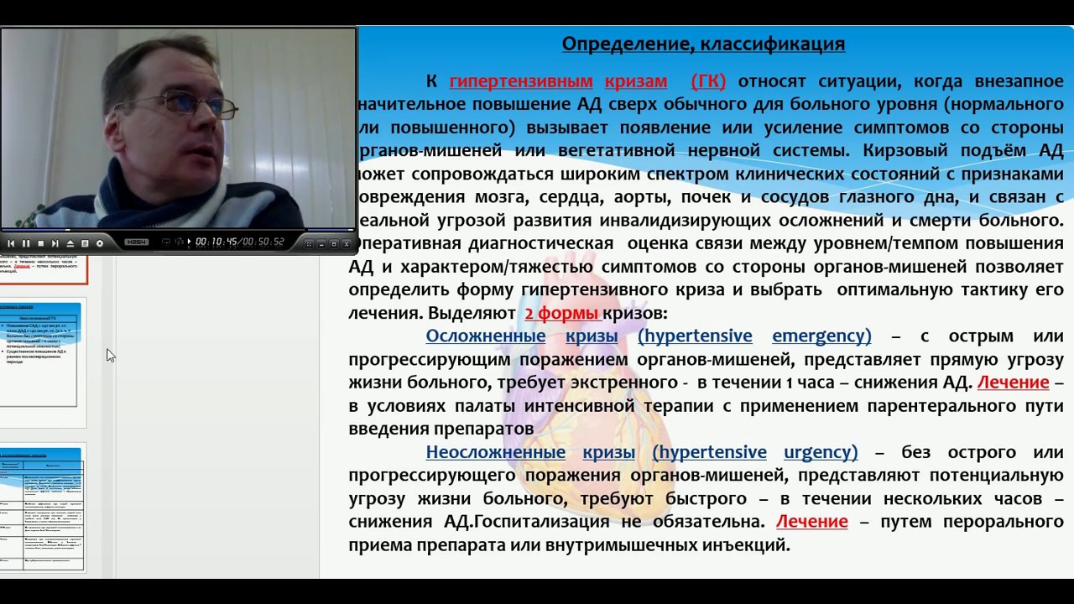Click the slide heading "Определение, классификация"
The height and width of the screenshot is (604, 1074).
tap(703, 44)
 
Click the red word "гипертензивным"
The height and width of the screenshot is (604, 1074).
tap(522, 81)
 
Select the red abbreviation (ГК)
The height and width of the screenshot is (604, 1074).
tap(708, 81)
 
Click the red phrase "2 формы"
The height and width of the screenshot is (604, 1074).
tap(561, 314)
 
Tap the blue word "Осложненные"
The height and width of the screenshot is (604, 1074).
tap(485, 336)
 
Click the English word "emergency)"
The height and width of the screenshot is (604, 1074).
tap(821, 336)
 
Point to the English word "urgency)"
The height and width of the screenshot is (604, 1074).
tap(821, 452)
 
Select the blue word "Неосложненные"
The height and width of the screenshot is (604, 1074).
tap(495, 452)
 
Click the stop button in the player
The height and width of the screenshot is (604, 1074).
tap(40, 243)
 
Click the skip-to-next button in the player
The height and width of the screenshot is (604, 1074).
tap(55, 243)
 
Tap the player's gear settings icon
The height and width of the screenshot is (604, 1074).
tap(99, 243)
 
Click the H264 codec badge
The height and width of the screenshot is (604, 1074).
tap(137, 242)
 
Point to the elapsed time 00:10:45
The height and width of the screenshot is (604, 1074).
tap(216, 242)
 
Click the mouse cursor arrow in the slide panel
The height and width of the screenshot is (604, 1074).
tap(110, 355)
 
